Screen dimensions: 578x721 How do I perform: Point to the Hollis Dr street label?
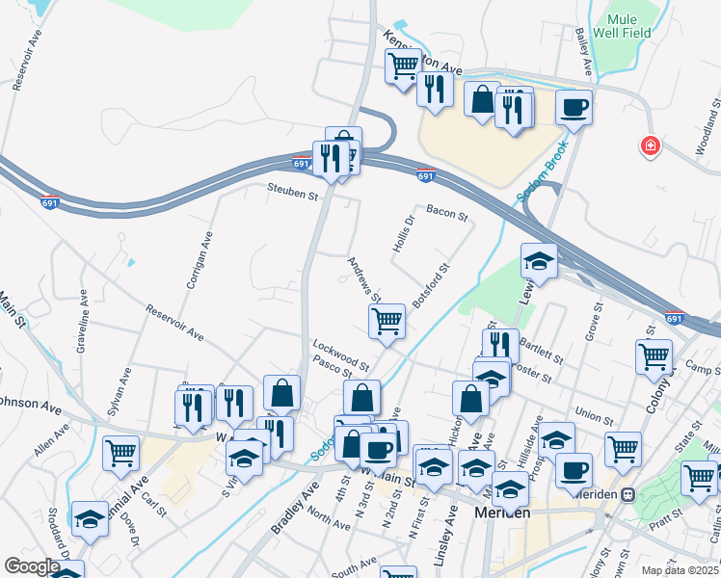[403, 234]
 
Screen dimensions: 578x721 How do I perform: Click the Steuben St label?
[292, 195]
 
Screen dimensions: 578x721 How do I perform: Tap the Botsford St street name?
[431, 286]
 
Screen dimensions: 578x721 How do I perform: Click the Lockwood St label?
[340, 354]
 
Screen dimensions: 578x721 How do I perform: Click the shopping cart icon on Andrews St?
[387, 320]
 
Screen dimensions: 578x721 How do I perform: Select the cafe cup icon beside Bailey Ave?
[574, 107]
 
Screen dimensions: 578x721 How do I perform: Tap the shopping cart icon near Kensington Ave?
[403, 66]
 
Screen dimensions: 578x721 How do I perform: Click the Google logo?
[32, 566]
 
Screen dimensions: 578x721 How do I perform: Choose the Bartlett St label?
[541, 343]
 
